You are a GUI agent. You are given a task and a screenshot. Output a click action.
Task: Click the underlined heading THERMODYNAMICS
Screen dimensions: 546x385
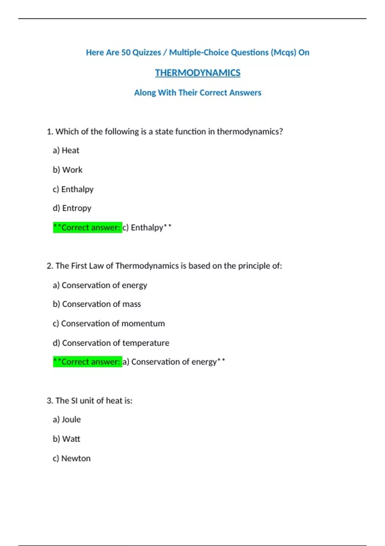198,73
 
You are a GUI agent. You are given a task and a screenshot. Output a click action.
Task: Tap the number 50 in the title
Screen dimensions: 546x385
125,52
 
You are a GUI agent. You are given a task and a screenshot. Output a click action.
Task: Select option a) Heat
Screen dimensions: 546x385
66,150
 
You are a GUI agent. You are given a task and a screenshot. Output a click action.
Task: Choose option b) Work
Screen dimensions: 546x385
67,170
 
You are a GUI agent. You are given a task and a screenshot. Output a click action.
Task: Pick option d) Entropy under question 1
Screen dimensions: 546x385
72,208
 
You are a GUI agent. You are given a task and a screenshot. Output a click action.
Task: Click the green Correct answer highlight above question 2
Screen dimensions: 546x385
87,227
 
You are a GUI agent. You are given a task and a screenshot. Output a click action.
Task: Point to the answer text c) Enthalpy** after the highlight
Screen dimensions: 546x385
147,227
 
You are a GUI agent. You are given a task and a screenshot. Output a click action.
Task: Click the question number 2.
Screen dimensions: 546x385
49,266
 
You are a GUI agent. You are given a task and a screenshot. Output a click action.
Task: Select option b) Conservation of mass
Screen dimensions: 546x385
97,304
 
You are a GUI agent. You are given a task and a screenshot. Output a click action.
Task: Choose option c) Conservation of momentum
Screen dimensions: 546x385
108,323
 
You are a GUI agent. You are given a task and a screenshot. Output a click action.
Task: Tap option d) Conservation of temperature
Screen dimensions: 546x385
111,343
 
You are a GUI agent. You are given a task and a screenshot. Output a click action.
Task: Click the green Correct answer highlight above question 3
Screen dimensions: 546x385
87,362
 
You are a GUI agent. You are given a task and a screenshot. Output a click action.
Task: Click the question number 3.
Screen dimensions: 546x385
49,401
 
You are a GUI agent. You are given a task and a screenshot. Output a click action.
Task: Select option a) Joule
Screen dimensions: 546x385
67,419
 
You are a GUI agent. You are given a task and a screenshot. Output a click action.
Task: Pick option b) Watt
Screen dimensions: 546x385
66,439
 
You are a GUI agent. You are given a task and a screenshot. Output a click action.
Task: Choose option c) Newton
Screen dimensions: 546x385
72,458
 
